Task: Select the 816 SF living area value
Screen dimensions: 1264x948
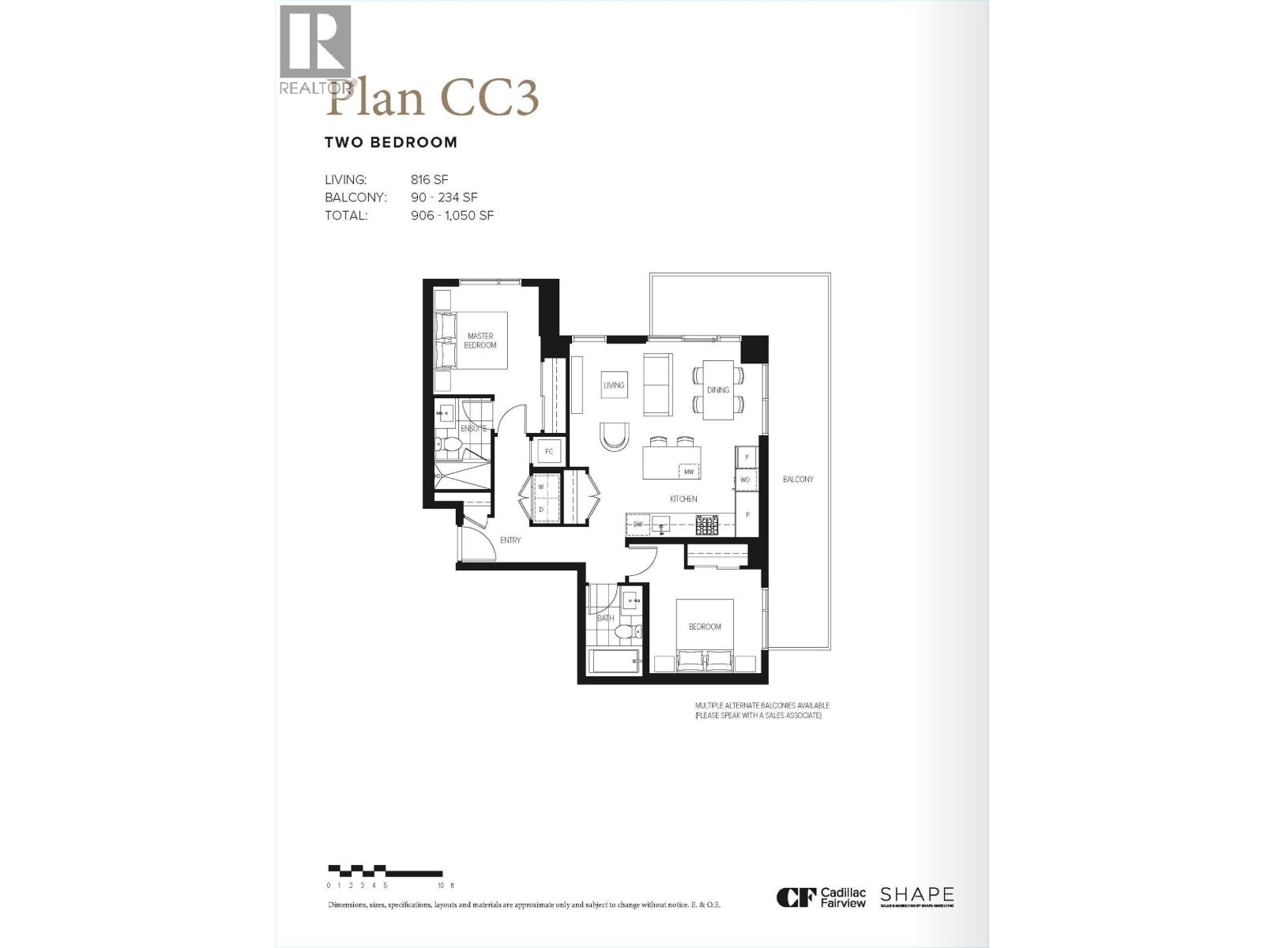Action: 429,179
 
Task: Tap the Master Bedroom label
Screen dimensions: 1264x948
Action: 480,340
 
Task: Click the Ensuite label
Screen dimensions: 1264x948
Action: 474,428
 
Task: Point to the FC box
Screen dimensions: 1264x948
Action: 548,452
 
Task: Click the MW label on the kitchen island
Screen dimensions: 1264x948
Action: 689,472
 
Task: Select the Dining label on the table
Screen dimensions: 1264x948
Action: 718,390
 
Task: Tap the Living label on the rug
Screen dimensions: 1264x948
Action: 614,386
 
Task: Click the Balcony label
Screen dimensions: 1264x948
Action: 798,480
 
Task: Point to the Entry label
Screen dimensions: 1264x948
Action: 510,540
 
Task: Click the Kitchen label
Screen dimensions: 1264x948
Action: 683,498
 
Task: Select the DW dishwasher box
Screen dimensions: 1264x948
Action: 638,524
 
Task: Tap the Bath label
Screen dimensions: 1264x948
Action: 605,618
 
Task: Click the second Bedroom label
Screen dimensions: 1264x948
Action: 705,626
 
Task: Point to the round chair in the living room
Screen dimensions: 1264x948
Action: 615,435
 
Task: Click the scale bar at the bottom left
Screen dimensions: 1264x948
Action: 386,871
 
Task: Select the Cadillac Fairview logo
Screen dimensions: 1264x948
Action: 822,897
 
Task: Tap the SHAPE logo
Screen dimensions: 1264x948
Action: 916,896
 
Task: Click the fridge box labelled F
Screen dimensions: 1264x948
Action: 747,457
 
